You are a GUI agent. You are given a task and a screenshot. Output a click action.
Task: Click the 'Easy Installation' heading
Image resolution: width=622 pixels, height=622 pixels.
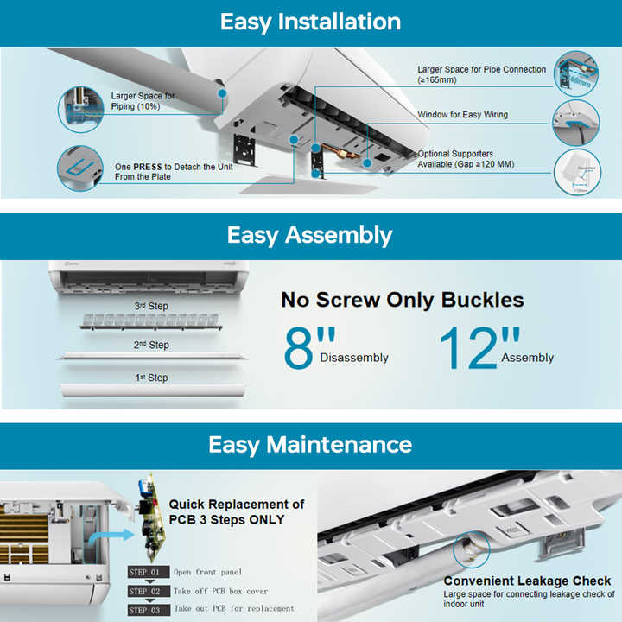click(310, 22)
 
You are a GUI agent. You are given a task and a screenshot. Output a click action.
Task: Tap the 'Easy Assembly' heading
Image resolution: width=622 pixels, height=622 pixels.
click(310, 235)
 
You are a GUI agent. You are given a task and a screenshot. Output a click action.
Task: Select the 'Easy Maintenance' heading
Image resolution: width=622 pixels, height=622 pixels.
click(310, 445)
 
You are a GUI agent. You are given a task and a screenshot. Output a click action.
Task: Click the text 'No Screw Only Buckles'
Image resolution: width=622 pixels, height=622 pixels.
click(402, 300)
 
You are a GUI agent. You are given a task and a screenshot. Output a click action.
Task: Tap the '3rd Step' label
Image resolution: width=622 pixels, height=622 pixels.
click(151, 306)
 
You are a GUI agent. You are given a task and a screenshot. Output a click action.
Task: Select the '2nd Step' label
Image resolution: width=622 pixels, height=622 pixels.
click(151, 345)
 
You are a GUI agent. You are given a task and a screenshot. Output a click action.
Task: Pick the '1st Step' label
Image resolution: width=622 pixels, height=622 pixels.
click(151, 378)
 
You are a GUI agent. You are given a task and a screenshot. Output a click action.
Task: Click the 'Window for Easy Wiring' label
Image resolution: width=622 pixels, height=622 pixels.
click(462, 115)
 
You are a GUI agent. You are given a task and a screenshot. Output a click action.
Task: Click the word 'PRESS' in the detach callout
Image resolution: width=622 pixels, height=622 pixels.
click(149, 167)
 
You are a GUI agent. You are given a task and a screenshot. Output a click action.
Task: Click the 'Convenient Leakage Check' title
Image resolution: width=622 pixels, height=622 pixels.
click(527, 581)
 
